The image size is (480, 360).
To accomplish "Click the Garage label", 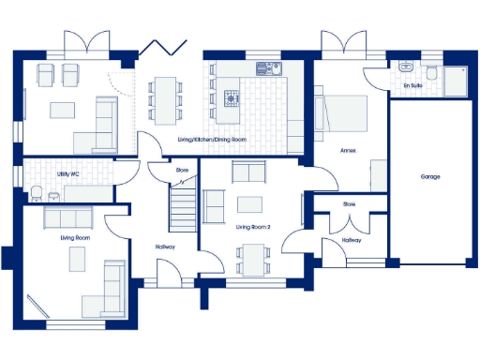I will (x=430, y=176).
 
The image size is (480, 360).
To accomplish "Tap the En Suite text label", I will (x=412, y=86).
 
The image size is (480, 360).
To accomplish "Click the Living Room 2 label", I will (x=252, y=227).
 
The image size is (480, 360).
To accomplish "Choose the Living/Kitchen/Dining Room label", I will (x=211, y=141).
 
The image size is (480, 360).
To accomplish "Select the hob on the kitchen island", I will (x=231, y=97).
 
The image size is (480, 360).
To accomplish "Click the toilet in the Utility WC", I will (x=35, y=192).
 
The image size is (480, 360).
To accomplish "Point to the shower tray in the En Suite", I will (x=458, y=81).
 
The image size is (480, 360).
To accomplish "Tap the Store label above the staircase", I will (x=182, y=171).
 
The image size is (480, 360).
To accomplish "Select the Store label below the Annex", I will (x=349, y=203).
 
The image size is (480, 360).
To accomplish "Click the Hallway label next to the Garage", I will (x=351, y=240).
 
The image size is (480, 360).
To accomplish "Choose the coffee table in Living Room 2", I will (x=250, y=204).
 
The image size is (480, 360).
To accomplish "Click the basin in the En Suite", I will (x=405, y=68).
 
